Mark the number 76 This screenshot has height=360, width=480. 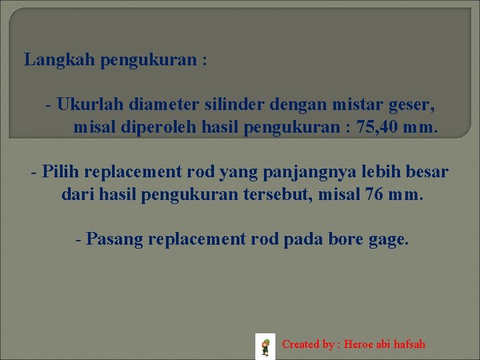[373, 196]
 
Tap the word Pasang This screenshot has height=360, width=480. [115, 239]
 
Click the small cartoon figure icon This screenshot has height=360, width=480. [265, 347]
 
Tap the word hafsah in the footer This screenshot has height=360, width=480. [409, 345]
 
